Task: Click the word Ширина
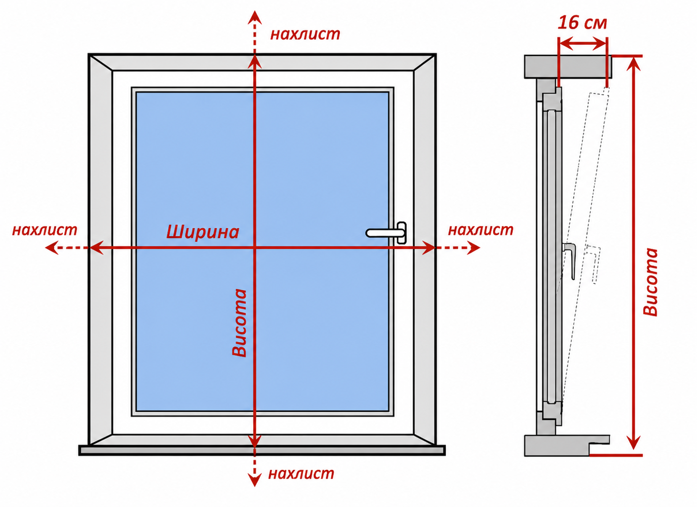click(x=202, y=232)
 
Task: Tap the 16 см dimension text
click(x=582, y=23)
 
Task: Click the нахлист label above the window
click(x=305, y=34)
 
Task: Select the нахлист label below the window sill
click(x=301, y=473)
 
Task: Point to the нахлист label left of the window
click(x=45, y=230)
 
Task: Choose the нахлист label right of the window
click(x=480, y=230)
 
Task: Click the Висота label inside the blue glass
click(x=239, y=323)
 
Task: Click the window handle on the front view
click(x=386, y=233)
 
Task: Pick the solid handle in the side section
click(x=569, y=261)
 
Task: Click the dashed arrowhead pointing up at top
click(x=255, y=18)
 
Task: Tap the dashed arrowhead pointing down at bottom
click(x=255, y=480)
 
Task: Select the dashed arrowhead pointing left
click(x=52, y=248)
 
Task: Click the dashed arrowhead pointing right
click(x=473, y=248)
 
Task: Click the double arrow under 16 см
click(x=582, y=44)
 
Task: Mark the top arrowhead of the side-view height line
click(x=633, y=64)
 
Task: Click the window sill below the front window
click(x=262, y=451)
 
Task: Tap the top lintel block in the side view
click(x=568, y=66)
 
